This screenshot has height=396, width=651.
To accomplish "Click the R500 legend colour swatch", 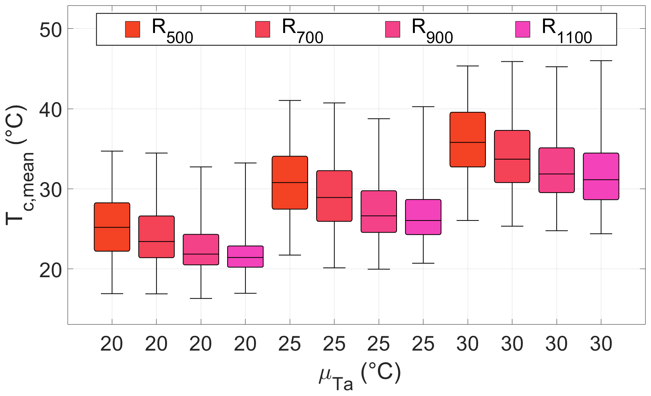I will [132, 30].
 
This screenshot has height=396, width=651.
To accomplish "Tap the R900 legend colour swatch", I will [393, 30].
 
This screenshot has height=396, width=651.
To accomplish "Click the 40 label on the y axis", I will [50, 109].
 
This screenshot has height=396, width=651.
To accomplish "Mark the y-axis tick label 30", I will [50, 189].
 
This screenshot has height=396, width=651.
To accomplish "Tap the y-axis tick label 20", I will [50, 269].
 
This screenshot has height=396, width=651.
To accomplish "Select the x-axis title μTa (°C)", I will [359, 375].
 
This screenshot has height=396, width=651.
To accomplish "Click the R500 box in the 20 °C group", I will [112, 227].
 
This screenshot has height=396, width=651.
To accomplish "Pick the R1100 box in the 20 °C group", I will [245, 257].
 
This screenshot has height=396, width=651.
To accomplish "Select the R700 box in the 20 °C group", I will [157, 237].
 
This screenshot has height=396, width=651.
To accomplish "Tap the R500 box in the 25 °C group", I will [290, 183].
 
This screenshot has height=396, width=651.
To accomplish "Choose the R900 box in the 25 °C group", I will [379, 212].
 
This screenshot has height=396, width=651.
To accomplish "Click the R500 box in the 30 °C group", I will [468, 140].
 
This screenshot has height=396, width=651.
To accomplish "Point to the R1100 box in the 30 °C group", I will [601, 176].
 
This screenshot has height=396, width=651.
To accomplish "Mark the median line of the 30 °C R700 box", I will [512, 159].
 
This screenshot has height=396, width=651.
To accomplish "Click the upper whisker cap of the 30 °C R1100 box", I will [601, 61].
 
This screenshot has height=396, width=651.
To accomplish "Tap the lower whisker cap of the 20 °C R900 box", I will [201, 299].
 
